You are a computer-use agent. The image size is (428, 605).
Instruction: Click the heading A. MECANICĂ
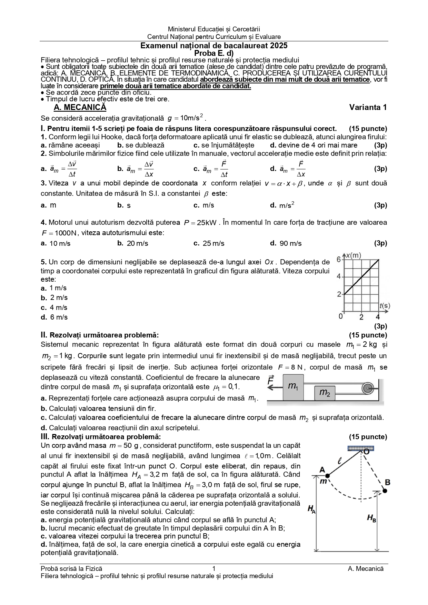[80, 108]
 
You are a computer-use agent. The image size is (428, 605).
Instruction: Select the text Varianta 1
[368, 108]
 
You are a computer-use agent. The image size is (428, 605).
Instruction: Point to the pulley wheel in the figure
[368, 389]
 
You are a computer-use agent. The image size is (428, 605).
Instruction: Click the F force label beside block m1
[271, 380]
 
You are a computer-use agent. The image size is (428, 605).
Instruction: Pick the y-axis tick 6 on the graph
[339, 259]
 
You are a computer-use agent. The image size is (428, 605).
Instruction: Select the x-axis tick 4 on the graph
[378, 317]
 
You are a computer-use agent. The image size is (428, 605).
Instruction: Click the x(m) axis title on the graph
[354, 255]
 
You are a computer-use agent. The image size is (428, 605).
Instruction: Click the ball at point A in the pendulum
[327, 476]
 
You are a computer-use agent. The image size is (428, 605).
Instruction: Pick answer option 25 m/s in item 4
[213, 244]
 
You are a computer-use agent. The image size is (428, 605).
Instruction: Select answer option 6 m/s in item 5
[59, 317]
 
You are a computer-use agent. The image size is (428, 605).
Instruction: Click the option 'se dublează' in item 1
[145, 145]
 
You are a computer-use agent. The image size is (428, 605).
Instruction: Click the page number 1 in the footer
[214, 569]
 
